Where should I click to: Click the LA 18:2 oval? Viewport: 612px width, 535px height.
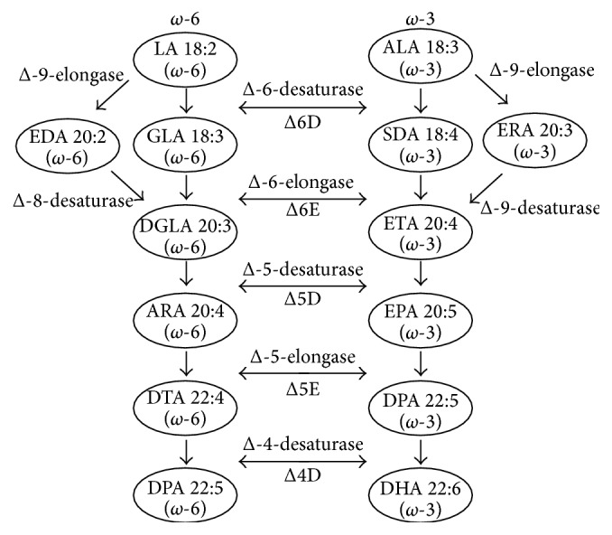[185, 60]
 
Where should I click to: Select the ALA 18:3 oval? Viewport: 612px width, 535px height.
[421, 58]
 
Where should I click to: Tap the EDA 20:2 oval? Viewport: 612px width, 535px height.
[68, 146]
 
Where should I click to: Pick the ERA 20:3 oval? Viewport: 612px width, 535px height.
[534, 140]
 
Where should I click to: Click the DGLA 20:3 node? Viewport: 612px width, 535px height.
[185, 235]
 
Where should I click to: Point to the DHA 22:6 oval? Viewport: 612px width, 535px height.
[421, 497]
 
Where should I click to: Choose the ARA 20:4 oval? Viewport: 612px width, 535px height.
[185, 321]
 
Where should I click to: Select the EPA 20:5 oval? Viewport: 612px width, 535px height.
[421, 321]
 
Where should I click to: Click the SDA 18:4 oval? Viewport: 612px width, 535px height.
[421, 145]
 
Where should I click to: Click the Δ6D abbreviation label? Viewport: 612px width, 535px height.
[302, 122]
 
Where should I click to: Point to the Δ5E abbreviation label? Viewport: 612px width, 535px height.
[303, 389]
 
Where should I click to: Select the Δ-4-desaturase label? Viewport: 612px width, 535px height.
[303, 445]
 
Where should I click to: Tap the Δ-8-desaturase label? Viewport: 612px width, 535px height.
[73, 201]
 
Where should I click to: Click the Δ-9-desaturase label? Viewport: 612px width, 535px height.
[540, 208]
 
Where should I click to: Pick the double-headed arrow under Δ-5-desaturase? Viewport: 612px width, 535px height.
[302, 286]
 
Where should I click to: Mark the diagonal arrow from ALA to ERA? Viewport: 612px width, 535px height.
[491, 89]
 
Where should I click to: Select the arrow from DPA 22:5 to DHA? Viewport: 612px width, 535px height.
[421, 452]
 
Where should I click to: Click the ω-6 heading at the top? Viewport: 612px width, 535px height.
[185, 18]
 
